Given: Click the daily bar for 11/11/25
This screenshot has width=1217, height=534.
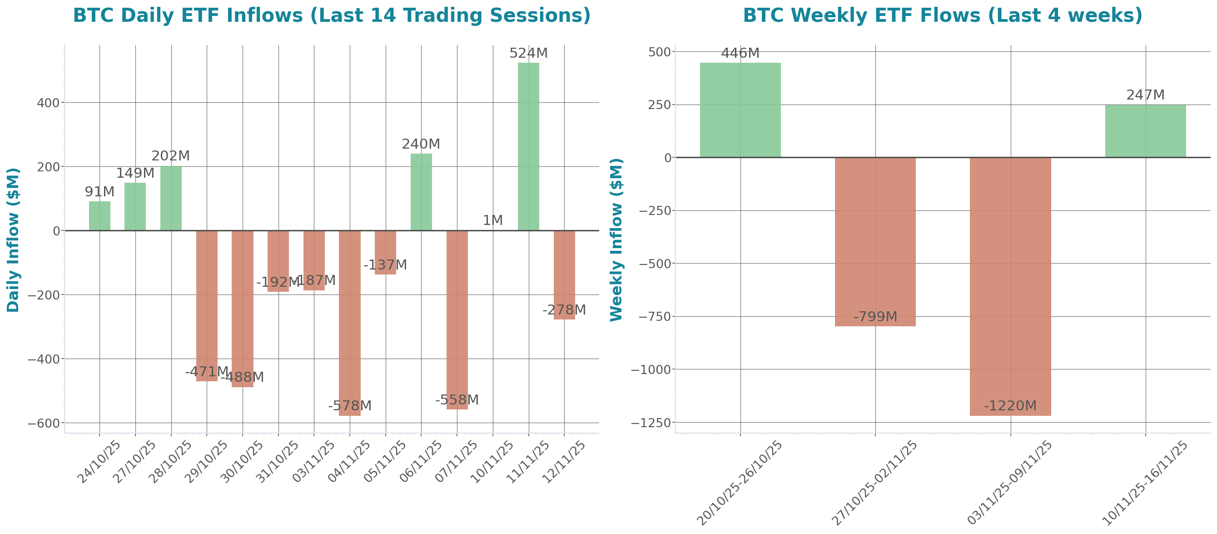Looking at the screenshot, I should click(x=528, y=146).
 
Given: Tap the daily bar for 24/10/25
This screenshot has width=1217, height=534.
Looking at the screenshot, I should click(x=99, y=216).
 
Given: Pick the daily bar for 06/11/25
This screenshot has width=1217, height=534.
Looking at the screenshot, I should click(x=421, y=192).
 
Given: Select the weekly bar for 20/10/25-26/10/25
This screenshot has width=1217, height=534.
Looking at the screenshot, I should click(x=740, y=110).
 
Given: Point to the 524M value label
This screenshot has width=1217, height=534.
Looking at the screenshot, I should click(x=528, y=54).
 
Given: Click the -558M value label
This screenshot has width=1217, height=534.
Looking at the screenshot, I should click(x=457, y=400).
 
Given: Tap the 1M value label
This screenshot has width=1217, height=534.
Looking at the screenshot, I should click(x=492, y=220).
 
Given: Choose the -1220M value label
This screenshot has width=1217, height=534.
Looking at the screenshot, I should click(x=1011, y=406).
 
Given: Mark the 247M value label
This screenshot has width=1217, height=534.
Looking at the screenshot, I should click(x=1145, y=95).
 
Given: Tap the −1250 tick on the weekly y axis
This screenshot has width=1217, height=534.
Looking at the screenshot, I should click(x=651, y=423).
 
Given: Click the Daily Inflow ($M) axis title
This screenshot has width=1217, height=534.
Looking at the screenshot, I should click(x=13, y=240).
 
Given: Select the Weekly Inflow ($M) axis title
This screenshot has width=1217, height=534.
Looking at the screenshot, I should click(x=616, y=240).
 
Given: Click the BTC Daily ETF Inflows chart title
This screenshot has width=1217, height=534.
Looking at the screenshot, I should click(x=332, y=15).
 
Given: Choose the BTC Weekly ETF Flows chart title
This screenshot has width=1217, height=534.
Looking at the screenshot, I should click(x=943, y=15).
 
